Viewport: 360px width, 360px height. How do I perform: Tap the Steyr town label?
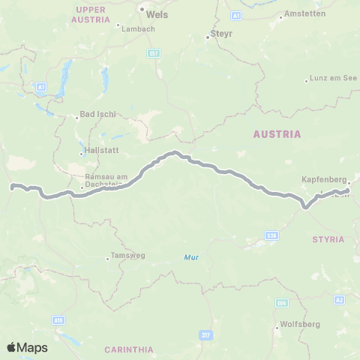tap(221, 34)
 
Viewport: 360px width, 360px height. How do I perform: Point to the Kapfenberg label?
tap(323, 180)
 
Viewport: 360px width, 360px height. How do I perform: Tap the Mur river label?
tap(191, 257)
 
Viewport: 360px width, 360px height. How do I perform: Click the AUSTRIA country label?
tap(277, 134)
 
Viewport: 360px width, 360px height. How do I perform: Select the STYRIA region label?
tap(328, 239)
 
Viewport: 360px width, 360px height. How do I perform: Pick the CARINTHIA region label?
tap(129, 349)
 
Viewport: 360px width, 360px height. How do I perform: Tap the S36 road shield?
tap(271, 235)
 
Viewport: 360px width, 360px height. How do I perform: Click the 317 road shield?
tap(205, 334)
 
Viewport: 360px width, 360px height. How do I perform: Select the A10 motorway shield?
tap(58, 319)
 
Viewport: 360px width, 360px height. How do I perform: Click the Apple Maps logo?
tap(27, 347)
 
